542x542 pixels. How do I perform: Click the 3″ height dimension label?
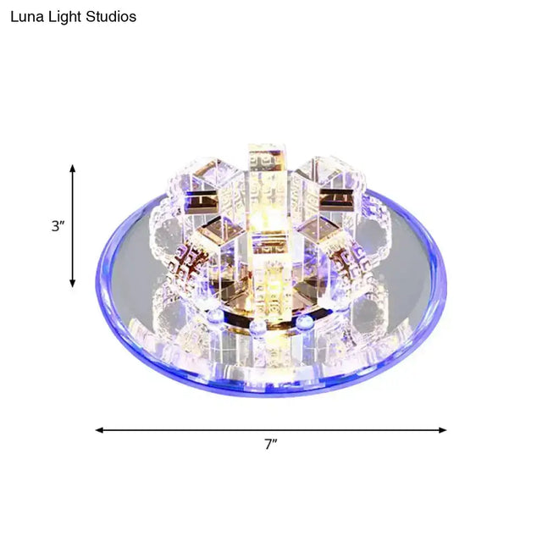coord(58,226)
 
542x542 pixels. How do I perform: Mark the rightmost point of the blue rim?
coord(445,279)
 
